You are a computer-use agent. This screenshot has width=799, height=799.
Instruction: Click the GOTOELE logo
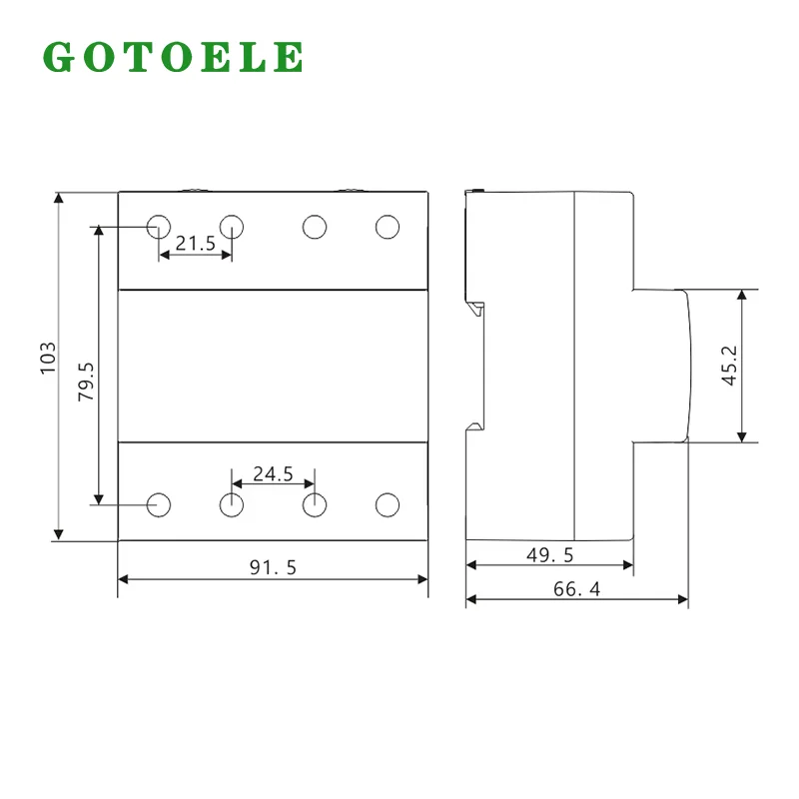[x=173, y=57]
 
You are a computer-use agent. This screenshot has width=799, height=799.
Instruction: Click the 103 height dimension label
[x=48, y=359]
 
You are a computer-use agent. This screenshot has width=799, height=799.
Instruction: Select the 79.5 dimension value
[x=86, y=382]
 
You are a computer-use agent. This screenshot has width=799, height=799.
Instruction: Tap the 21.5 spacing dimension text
[x=196, y=244]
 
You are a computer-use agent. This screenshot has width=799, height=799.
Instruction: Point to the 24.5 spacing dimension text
[x=273, y=473]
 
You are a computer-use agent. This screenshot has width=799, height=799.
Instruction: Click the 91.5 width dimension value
[x=273, y=567]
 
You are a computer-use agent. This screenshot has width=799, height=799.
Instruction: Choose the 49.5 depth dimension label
[x=550, y=555]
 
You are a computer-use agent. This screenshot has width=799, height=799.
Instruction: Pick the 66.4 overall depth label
[x=577, y=589]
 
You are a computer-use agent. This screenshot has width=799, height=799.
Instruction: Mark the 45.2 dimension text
[x=730, y=366]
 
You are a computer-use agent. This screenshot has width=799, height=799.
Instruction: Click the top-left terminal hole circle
[x=159, y=227]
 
